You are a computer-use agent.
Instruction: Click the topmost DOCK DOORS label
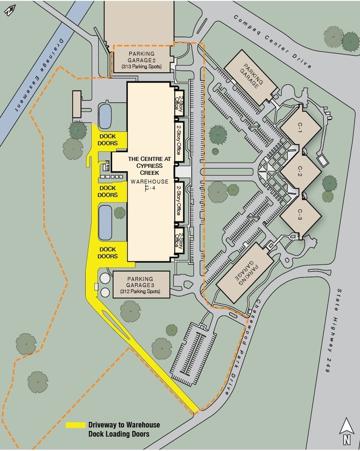click(x=109, y=140)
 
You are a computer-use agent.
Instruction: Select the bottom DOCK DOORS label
click(x=108, y=253)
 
